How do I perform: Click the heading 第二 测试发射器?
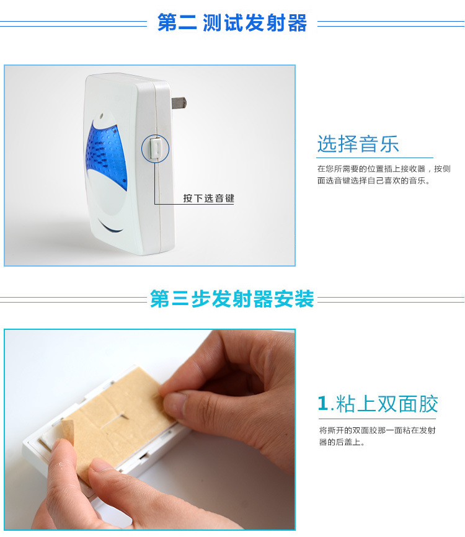pyautogui.click(x=232, y=22)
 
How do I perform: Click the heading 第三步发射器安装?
pyautogui.click(x=232, y=299)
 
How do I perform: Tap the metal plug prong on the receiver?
pyautogui.click(x=179, y=102)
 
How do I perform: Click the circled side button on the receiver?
pyautogui.click(x=155, y=148)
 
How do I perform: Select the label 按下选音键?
pyautogui.click(x=208, y=198)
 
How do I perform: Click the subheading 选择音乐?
pyautogui.click(x=358, y=143)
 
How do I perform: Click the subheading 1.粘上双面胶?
pyautogui.click(x=378, y=404)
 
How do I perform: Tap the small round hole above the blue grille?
pyautogui.click(x=101, y=116)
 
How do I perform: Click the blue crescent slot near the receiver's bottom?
pyautogui.click(x=110, y=228)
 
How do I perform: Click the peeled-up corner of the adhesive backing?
pyautogui.click(x=67, y=430)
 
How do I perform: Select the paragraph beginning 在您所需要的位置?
pyautogui.click(x=384, y=175)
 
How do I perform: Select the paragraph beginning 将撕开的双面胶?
pyautogui.click(x=377, y=436)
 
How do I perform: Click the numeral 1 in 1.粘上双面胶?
pyautogui.click(x=323, y=404)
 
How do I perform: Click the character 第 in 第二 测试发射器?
pyautogui.click(x=167, y=22)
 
